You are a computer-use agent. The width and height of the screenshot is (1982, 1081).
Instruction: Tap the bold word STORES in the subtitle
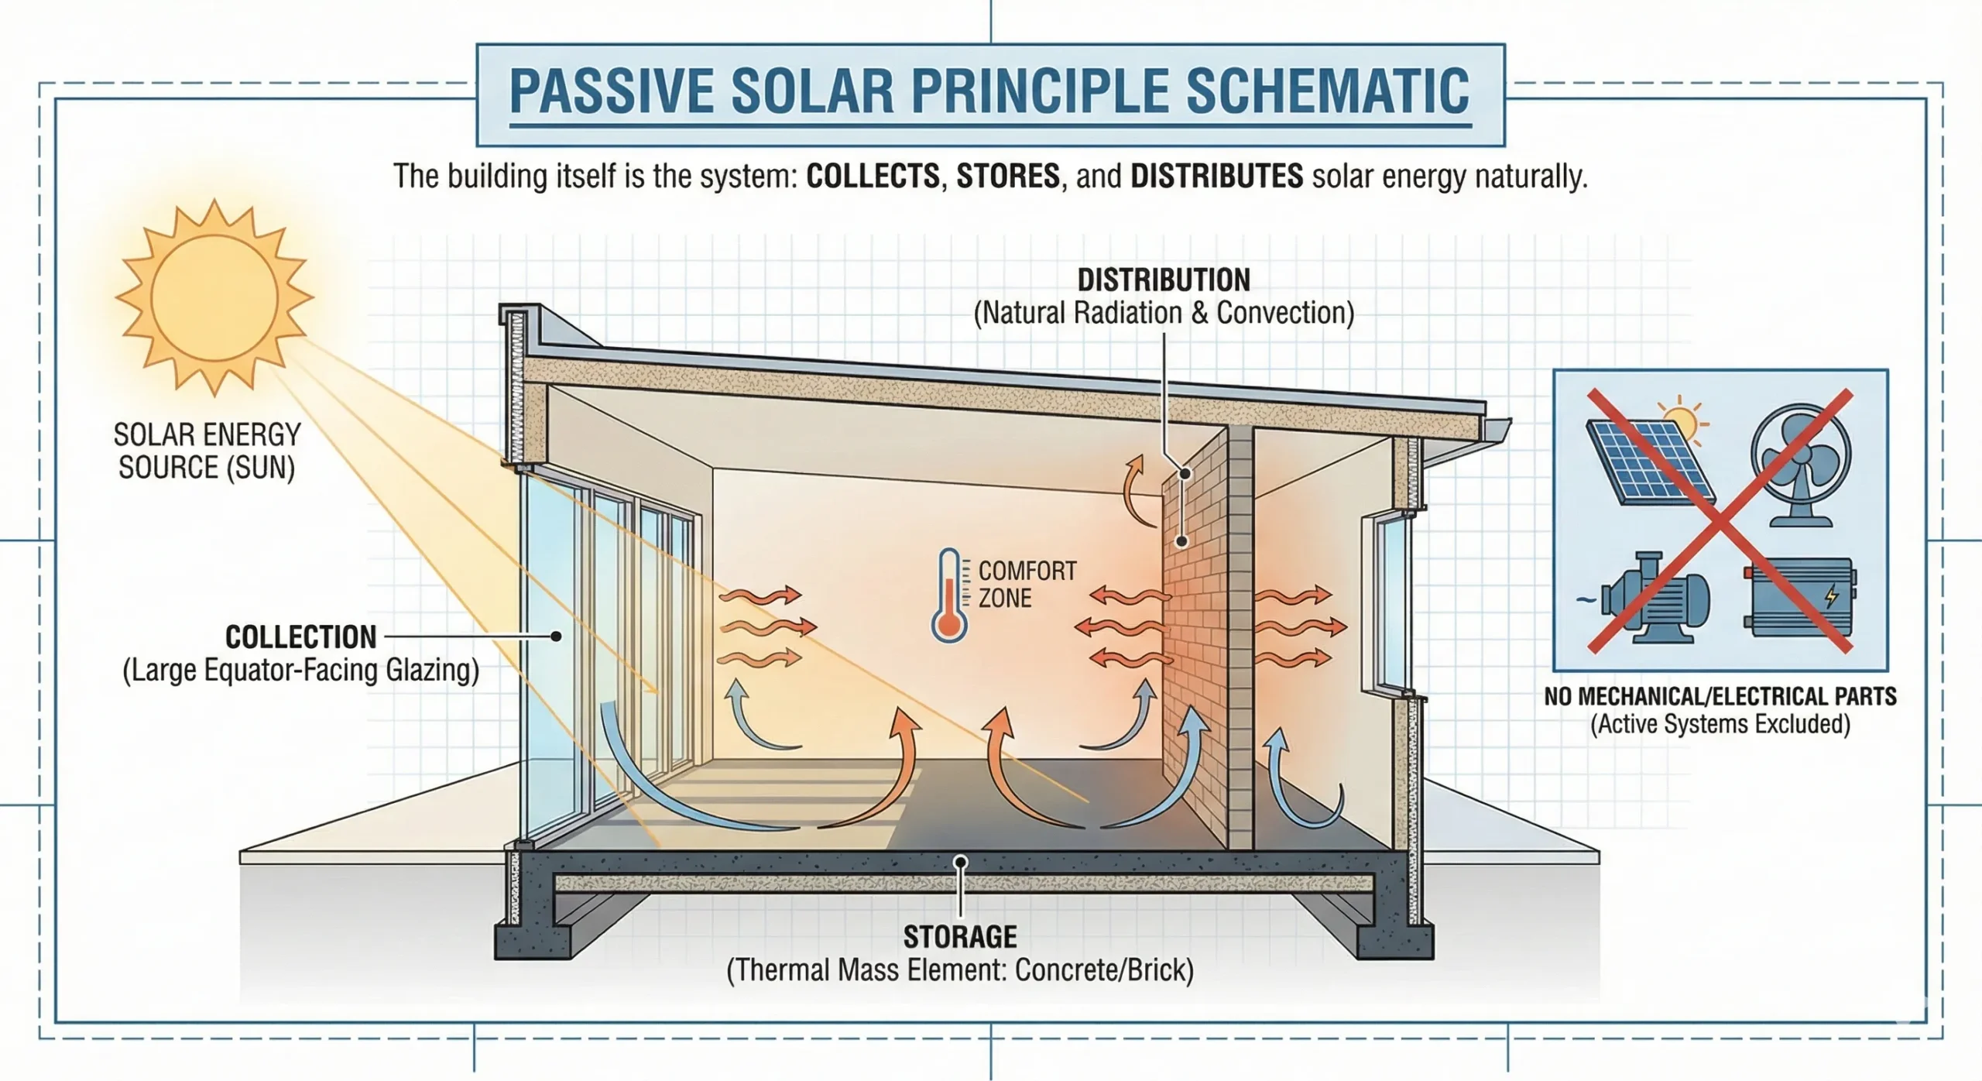click(1008, 177)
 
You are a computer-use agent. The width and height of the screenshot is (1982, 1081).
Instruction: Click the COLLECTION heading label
click(300, 637)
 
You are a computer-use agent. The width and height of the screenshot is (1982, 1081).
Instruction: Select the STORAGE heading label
click(960, 937)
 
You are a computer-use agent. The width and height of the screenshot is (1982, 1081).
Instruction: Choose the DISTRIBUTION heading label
click(1164, 280)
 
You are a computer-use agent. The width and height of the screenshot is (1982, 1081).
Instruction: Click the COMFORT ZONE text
click(1027, 585)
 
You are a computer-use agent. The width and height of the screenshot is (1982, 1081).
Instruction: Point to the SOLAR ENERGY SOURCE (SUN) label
click(207, 451)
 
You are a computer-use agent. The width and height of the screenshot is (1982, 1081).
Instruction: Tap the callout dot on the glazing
click(556, 637)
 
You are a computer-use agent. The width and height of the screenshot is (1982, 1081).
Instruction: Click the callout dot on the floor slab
click(960, 862)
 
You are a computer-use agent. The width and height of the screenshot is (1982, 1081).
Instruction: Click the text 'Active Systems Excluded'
click(1720, 725)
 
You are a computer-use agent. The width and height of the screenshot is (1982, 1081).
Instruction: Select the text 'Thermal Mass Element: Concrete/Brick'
click(960, 970)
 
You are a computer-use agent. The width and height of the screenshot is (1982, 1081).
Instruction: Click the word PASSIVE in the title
click(612, 91)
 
